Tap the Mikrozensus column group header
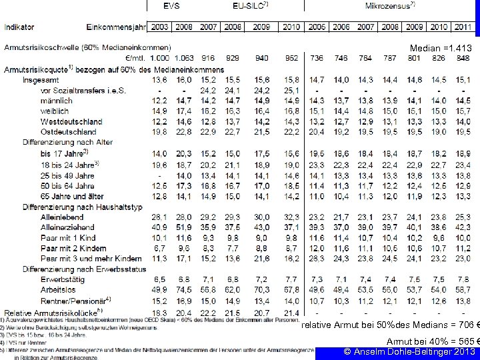click(390, 5)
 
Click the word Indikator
click(21, 27)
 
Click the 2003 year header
click(160, 27)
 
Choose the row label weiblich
click(55, 111)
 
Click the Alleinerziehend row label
click(69, 227)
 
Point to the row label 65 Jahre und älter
click(72, 196)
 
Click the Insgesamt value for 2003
click(160, 80)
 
